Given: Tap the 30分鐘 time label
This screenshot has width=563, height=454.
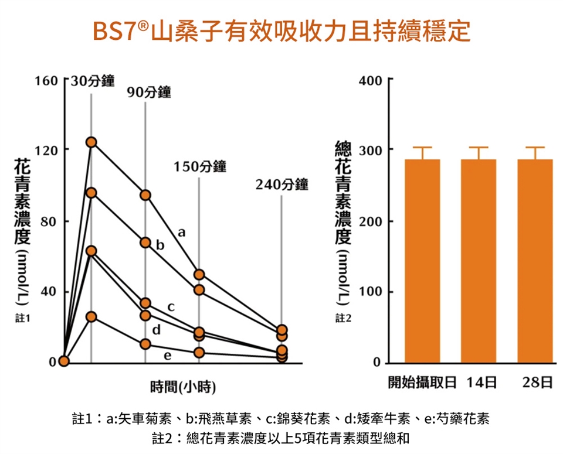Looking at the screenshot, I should (93, 81).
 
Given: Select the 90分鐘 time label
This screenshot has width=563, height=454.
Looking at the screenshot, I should (149, 92).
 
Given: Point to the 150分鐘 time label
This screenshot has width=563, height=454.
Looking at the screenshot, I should (200, 166).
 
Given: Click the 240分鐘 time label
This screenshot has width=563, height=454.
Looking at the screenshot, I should (281, 185).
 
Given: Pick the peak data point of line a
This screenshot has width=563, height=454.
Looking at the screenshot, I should (91, 142).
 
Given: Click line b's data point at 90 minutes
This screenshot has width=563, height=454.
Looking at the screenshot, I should (145, 243).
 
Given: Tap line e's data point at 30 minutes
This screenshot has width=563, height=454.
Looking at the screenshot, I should (91, 317).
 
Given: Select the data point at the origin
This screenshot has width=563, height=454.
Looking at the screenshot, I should (63, 361).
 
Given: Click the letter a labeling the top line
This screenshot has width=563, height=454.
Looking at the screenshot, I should (182, 233).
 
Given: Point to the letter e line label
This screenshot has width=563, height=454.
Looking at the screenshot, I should (168, 355).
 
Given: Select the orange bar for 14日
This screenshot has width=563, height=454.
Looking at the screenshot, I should (479, 261).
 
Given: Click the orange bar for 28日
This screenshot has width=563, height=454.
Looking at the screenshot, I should (535, 261).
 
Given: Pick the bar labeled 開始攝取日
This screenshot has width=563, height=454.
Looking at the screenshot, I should (422, 261).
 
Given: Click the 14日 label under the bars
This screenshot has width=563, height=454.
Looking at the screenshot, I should (482, 383).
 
